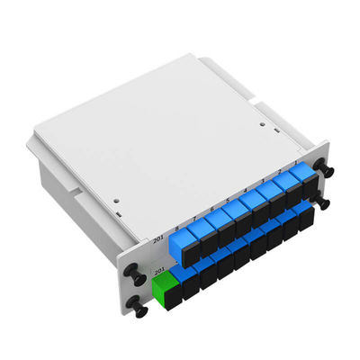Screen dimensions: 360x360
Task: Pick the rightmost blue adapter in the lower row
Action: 307,217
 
